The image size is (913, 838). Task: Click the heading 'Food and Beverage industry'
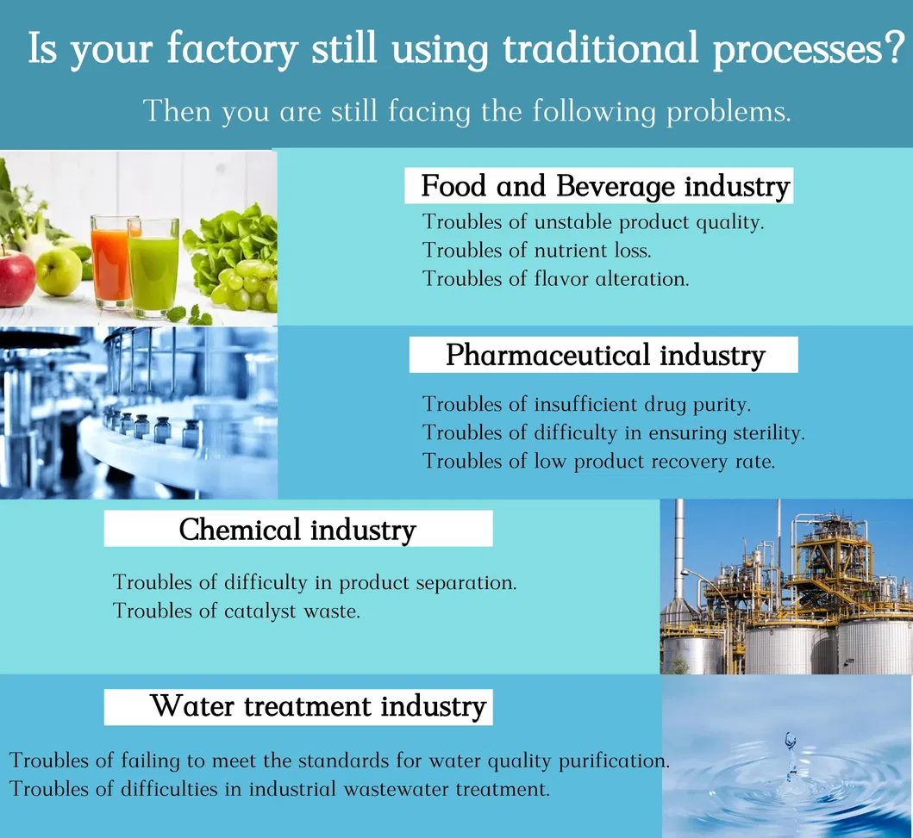pyautogui.click(x=605, y=186)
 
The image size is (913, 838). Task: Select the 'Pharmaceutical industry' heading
pyautogui.click(x=605, y=355)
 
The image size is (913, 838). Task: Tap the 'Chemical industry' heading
pyautogui.click(x=297, y=529)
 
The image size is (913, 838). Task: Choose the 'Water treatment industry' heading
pyautogui.click(x=318, y=706)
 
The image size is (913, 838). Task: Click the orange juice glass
pyautogui.click(x=110, y=260)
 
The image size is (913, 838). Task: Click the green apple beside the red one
pyautogui.click(x=59, y=270)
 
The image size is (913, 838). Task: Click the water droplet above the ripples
pyautogui.click(x=790, y=740)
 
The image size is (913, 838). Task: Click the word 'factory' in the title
pyautogui.click(x=232, y=49)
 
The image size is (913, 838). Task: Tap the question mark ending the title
pyautogui.click(x=894, y=47)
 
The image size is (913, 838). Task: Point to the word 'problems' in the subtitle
pyautogui.click(x=729, y=111)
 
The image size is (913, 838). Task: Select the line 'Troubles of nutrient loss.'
pyautogui.click(x=537, y=250)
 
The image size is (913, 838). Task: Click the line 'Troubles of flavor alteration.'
pyautogui.click(x=555, y=278)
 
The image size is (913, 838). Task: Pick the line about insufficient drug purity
pyautogui.click(x=587, y=404)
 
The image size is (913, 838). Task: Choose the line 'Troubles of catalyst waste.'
pyautogui.click(x=236, y=611)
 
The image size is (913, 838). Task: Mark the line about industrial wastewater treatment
pyautogui.click(x=279, y=789)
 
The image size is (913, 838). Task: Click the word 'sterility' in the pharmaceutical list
pyautogui.click(x=769, y=433)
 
